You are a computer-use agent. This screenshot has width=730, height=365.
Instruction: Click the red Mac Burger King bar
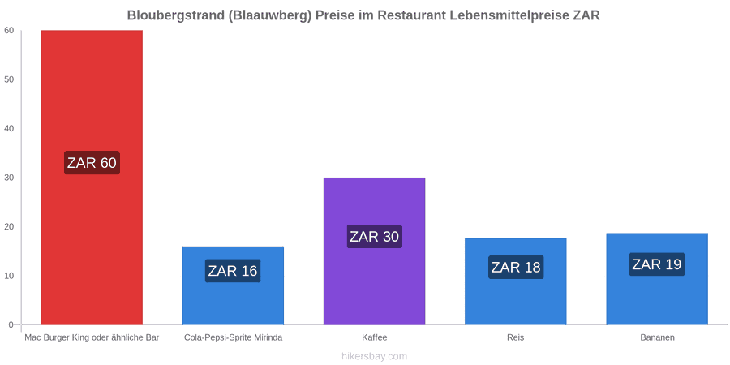point(92,178)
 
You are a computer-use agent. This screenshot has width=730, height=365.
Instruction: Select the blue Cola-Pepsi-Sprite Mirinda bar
point(233,286)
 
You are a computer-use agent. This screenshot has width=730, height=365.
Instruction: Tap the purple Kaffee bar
point(374,251)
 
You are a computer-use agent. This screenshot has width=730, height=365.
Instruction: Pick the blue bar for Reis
point(515,281)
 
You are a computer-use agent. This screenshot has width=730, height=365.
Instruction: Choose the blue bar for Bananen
point(657,279)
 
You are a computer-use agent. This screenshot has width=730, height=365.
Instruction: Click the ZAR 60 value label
point(92,163)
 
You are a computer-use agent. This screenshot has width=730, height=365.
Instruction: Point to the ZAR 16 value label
point(233,270)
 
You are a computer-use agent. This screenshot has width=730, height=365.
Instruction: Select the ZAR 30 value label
point(374,237)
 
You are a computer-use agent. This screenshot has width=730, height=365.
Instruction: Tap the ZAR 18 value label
point(516,267)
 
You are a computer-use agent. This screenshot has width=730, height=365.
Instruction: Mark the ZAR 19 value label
point(657,264)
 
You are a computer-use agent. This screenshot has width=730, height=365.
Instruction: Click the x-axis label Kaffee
point(374,337)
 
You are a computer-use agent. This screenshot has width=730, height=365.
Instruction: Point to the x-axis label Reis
point(515,337)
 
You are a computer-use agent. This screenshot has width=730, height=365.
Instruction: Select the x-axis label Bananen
point(657,337)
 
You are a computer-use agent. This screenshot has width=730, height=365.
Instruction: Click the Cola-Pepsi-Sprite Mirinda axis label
point(233,337)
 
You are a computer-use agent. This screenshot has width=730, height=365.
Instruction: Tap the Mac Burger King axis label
point(92,337)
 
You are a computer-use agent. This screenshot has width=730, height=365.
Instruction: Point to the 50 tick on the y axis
point(9,79)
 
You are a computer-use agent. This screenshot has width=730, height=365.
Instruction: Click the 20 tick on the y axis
point(9,227)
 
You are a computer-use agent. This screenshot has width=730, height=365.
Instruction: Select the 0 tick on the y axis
point(11,325)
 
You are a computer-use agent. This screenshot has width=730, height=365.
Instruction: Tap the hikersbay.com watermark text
point(374,357)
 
